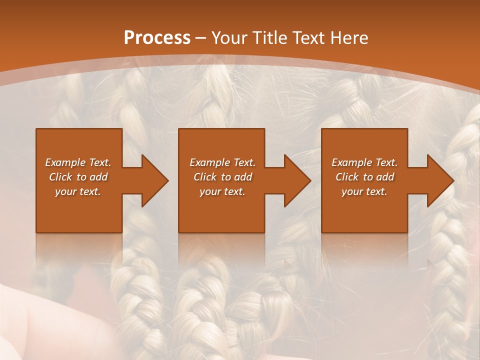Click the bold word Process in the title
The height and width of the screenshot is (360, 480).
157,38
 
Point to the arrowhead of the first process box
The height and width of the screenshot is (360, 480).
155,180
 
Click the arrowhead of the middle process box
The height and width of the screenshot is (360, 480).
297,180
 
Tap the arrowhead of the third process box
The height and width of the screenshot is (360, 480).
440,180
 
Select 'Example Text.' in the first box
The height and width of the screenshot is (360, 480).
78,162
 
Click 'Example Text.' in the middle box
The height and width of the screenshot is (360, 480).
222,162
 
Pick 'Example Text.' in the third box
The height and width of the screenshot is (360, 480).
364,162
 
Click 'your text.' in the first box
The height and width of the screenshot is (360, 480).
78,191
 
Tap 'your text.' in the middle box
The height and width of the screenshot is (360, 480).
222,191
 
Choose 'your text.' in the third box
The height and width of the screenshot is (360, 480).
364,191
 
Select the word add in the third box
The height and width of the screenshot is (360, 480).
385,177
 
